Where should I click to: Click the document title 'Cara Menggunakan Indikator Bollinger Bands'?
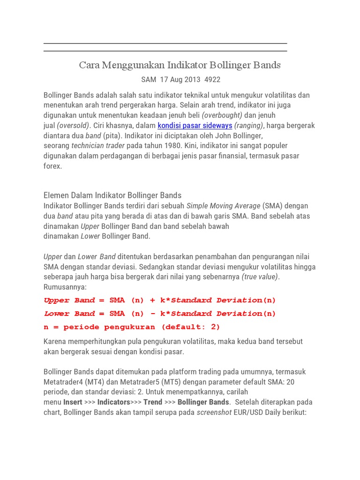tap(180, 65)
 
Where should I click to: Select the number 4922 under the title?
tap(212, 80)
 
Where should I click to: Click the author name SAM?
tap(149, 80)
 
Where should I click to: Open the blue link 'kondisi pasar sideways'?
tap(195, 126)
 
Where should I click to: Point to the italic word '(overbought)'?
tap(222, 115)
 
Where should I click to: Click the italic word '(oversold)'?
tap(73, 126)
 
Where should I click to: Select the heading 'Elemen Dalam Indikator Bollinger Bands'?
tap(112, 195)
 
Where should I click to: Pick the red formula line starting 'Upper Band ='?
tap(160, 300)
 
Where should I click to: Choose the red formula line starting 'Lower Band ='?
tap(160, 313)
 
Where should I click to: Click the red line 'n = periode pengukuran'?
tap(132, 327)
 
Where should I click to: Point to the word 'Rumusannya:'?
tap(65, 287)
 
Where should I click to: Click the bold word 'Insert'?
tap(73, 402)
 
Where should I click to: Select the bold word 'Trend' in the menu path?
tap(152, 402)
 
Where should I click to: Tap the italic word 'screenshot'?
tap(214, 412)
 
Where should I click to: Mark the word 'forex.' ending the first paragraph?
tap(53, 166)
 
